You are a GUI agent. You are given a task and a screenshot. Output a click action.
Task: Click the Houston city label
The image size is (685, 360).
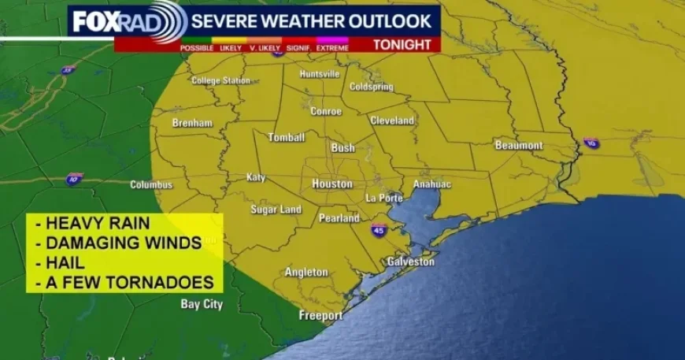pos(331,184)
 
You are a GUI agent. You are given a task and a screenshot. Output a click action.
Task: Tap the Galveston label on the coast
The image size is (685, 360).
pos(410,262)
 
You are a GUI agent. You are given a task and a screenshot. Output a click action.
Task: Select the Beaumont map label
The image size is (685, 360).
pos(519,146)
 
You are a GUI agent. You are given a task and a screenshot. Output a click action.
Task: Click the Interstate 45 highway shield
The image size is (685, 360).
pos(379,229)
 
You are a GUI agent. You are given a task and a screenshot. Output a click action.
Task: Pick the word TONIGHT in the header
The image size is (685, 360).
pos(402,45)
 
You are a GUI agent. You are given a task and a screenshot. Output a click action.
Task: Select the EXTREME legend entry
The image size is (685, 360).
pos(332,48)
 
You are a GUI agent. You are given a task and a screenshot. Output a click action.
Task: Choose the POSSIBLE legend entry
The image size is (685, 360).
pos(197,48)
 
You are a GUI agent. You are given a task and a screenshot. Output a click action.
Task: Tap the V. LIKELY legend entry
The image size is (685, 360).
pos(265,48)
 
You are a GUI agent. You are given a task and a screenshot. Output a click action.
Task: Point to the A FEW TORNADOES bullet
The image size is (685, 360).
pos(124,281)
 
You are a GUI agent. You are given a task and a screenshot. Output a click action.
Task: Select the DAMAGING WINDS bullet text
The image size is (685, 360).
pos(118,243)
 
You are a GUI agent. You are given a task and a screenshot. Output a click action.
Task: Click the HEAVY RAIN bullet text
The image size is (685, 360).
pos(92,224)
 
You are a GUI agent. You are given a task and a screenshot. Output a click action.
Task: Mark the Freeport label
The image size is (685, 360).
pos(320,315)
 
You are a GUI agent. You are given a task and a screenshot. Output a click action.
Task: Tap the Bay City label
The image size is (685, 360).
pos(202,304)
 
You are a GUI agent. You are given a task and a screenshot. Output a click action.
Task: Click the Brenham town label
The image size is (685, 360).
pos(192,123)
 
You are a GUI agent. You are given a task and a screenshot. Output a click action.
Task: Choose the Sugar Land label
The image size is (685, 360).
pos(276,210)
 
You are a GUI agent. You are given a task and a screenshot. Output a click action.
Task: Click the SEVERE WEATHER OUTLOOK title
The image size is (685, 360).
pos(312,20)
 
